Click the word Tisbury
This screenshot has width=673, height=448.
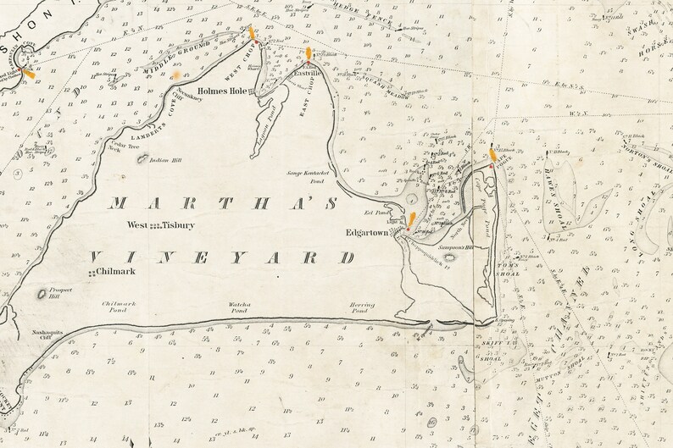coord(181,225)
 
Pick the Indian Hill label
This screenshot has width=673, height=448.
coord(165,159)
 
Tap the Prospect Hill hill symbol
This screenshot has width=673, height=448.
coord(42,295)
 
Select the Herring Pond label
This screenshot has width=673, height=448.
coord(361,307)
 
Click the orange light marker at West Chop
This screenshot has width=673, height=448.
coord(253,34)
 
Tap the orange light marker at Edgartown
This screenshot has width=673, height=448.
coord(411,220)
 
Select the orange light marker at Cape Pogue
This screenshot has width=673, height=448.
coord(492,153)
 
